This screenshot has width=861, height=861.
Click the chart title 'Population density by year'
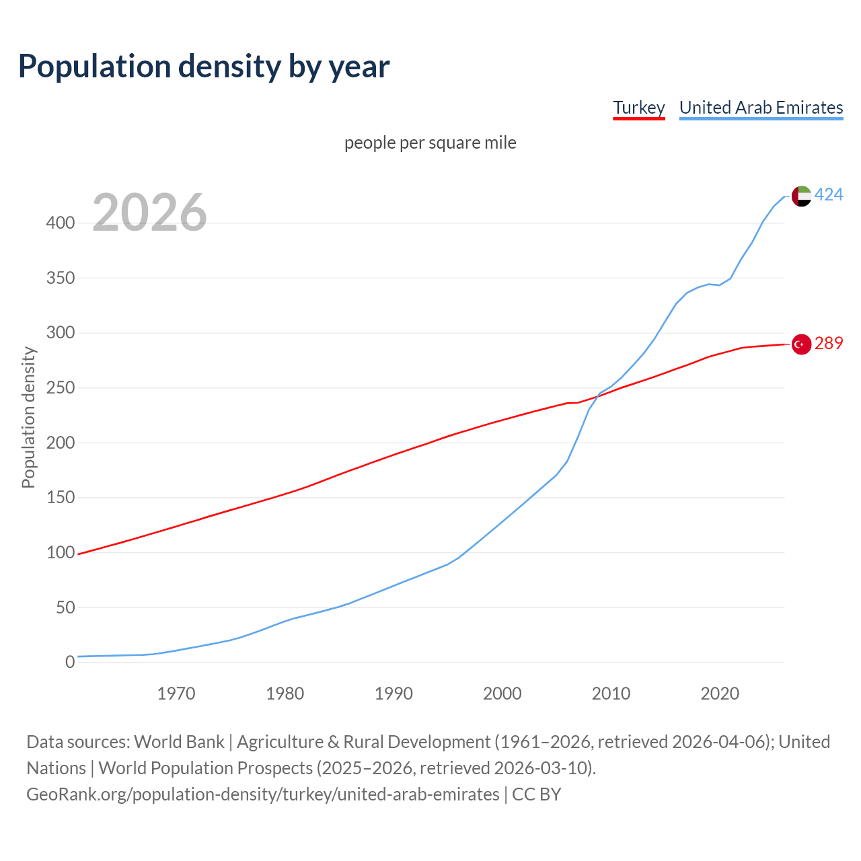click(204, 67)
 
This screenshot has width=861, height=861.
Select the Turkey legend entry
click(638, 108)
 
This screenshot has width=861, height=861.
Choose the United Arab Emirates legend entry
click(761, 108)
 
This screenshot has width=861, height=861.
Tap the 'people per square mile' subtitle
click(430, 143)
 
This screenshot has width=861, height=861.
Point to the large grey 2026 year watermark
click(149, 213)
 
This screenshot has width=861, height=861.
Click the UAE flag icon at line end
click(800, 196)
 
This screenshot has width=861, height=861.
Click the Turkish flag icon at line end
click(800, 344)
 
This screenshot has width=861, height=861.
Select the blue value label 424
click(829, 195)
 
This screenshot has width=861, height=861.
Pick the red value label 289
click(829, 344)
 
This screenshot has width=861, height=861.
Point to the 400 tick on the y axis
click(61, 223)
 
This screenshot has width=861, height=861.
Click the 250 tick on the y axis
click(61, 388)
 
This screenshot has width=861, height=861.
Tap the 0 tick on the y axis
click(70, 663)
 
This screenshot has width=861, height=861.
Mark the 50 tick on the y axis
click(65, 608)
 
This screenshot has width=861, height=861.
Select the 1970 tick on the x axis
click(176, 694)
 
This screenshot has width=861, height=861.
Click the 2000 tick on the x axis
click(502, 694)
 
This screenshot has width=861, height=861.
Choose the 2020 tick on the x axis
click(720, 694)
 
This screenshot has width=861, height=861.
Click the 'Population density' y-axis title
click(28, 417)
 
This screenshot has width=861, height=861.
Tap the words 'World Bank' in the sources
click(179, 742)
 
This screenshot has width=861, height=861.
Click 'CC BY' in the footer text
click(536, 794)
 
